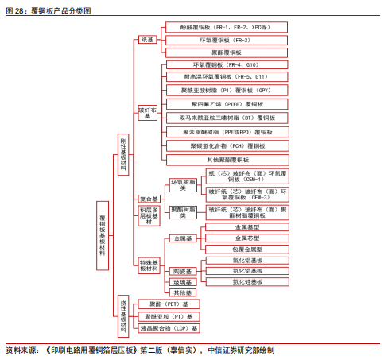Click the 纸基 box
[147, 40]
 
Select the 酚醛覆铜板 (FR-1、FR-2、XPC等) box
[226, 27]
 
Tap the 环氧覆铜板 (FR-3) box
[226, 40]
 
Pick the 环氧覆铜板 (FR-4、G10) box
[226, 64]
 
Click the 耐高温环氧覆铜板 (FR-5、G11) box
[226, 77]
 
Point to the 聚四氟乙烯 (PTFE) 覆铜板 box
[226, 104]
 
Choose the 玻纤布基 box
[146, 112]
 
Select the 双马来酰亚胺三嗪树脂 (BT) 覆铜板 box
[226, 118]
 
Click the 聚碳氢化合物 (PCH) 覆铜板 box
[226, 146]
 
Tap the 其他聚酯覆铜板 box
[226, 160]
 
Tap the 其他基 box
[183, 293]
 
